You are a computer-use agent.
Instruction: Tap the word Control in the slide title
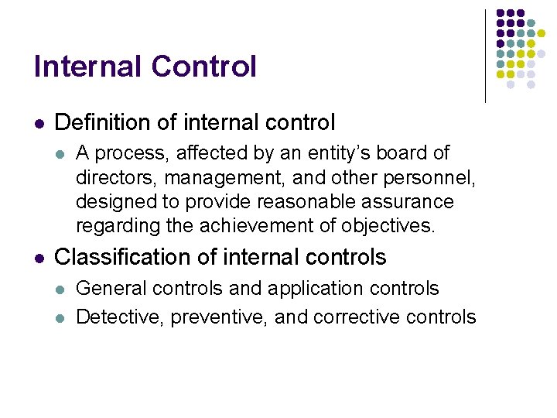pos(203,67)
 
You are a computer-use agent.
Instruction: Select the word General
pos(109,289)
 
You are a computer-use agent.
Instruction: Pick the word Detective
pos(114,317)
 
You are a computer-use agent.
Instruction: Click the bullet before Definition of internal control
pos(39,123)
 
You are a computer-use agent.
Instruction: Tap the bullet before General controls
pos(62,290)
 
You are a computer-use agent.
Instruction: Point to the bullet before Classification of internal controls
pos(39,257)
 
